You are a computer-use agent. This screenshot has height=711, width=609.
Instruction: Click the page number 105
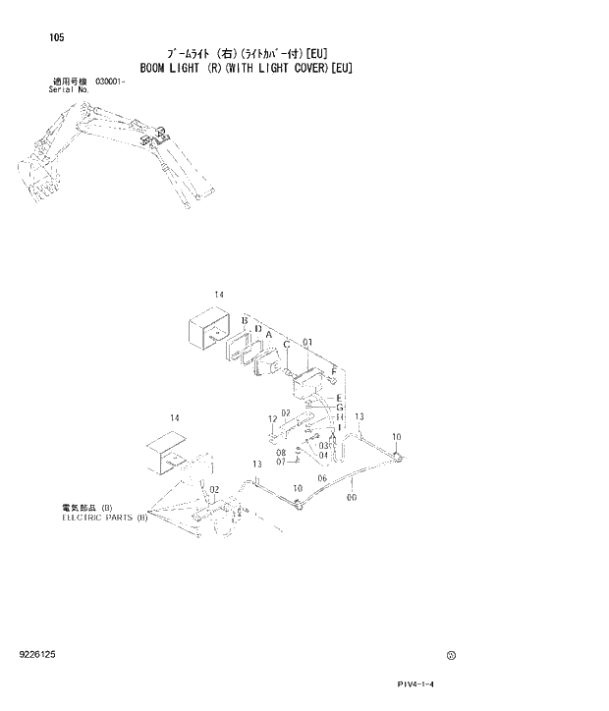coord(56,39)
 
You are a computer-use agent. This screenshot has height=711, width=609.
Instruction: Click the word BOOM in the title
coord(155,69)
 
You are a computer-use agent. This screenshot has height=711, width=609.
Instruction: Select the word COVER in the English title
coord(302,69)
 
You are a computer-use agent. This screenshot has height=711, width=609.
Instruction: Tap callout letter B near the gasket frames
coord(243,322)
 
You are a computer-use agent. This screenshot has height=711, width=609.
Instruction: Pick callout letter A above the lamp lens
coord(267,335)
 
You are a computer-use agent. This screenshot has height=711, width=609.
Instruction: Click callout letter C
coord(286,345)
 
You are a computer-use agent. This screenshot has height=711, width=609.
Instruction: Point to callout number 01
coord(307,343)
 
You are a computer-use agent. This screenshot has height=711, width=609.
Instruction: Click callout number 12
coord(272,420)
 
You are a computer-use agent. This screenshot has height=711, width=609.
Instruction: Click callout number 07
coord(280,463)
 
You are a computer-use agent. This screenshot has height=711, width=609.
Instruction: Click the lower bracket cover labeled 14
coord(163,456)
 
